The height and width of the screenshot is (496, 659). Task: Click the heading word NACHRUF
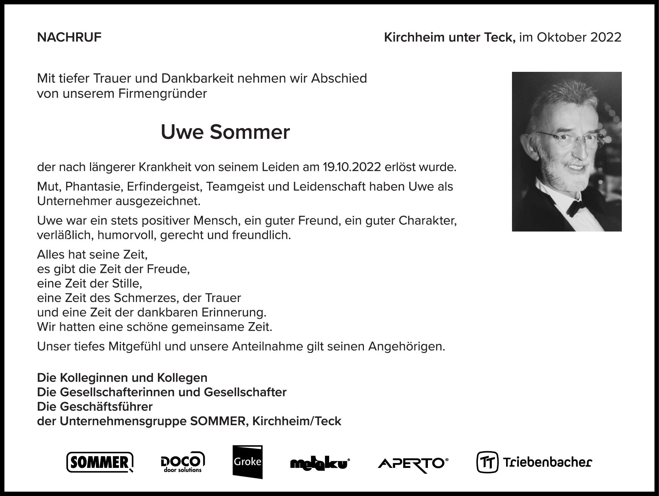[x=69, y=37]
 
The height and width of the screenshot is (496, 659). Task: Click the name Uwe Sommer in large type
[x=225, y=132]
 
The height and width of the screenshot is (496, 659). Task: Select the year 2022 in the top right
[x=605, y=37]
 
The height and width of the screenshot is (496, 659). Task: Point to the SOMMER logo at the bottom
[x=100, y=462]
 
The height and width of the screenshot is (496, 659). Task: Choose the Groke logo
[x=247, y=462]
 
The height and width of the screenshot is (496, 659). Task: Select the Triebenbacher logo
[x=534, y=462]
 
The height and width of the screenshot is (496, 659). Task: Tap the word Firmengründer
[x=163, y=94]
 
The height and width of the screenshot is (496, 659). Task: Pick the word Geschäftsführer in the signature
[x=106, y=406]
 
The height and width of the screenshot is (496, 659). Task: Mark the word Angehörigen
[x=406, y=346]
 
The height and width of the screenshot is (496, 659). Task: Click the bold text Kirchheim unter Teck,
[x=449, y=37]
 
